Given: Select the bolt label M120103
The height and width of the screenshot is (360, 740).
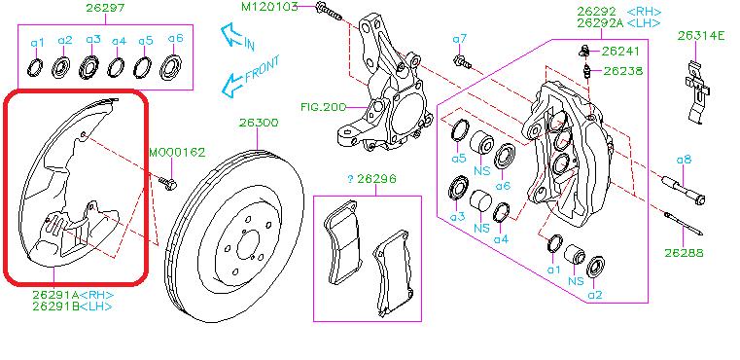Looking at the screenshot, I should point(276,8).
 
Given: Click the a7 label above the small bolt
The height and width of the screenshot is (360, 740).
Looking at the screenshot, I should point(460,38).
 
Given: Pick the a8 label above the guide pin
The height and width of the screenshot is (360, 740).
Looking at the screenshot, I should point(684,159).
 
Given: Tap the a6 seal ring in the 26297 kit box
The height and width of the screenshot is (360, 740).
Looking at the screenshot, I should point(175,68).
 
